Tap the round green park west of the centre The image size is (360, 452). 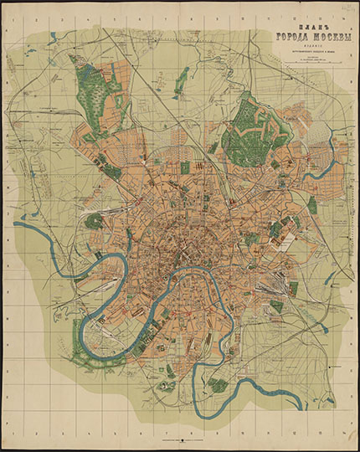tap(95, 221)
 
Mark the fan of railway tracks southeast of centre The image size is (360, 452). tap(268, 289)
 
